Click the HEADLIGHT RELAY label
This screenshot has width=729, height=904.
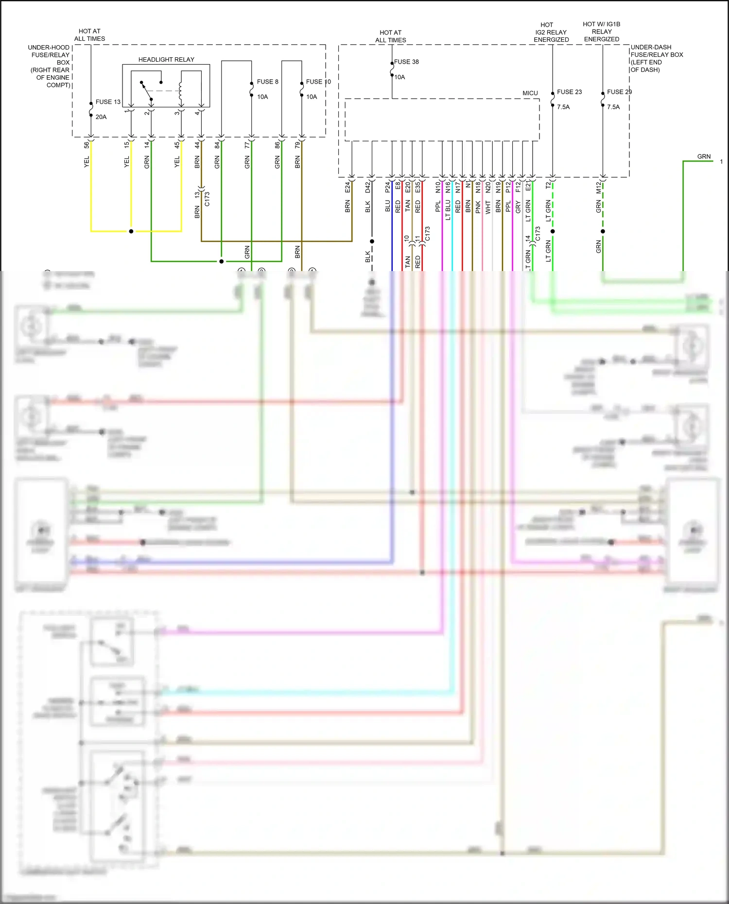coord(166,59)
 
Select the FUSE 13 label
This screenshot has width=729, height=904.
coord(108,102)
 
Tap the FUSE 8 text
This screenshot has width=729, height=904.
coord(267,82)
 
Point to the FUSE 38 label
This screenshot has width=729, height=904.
coord(406,62)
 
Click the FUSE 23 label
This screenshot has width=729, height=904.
coord(569,92)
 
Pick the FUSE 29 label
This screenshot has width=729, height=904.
coord(619,92)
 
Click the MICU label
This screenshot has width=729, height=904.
coord(530,93)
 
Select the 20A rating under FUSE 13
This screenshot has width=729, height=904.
coord(101,117)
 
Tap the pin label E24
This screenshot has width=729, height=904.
coord(347,188)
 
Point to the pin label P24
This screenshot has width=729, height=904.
coord(388,187)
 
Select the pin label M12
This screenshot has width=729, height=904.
coord(599,188)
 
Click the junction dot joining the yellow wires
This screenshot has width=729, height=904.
coord(131,231)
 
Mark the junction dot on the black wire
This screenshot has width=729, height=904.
coord(372,241)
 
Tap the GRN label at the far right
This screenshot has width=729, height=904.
coord(704,156)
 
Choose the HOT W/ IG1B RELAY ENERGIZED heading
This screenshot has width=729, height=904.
coord(602,32)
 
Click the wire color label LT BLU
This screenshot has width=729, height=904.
coord(448,210)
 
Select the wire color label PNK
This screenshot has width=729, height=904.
coord(478,207)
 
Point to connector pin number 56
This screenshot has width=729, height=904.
coord(87,145)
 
